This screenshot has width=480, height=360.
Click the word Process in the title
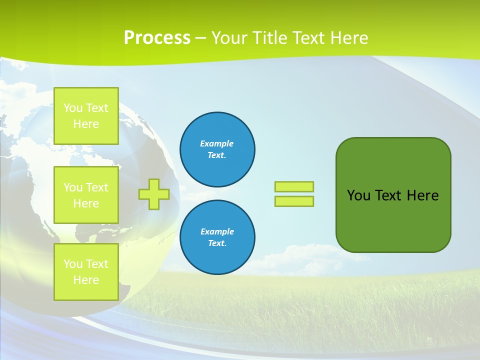[157, 38]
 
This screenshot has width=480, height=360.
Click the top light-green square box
[86, 116]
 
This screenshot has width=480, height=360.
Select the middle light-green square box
[86, 195]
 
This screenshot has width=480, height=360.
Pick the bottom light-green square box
[86, 272]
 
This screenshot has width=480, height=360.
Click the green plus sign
[154, 194]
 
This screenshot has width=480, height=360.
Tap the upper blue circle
[217, 149]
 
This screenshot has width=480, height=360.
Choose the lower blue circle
[217, 237]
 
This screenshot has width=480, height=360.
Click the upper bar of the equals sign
[294, 186]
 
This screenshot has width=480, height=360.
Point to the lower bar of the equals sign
[294, 201]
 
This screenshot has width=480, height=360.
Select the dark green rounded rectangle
[393, 220]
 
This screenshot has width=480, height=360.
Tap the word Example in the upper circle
[217, 143]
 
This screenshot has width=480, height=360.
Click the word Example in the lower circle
[217, 231]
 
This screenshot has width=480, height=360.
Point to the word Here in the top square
[86, 124]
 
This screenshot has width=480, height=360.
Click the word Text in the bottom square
[96, 264]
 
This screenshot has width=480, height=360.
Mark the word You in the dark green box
[358, 195]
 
